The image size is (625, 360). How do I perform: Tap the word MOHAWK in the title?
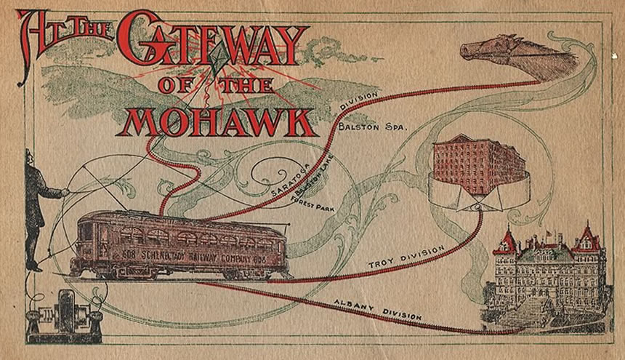coord(219,121)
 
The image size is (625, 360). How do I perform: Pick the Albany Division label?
coord(378,307)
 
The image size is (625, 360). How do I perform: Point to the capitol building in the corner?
coord(549,280)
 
